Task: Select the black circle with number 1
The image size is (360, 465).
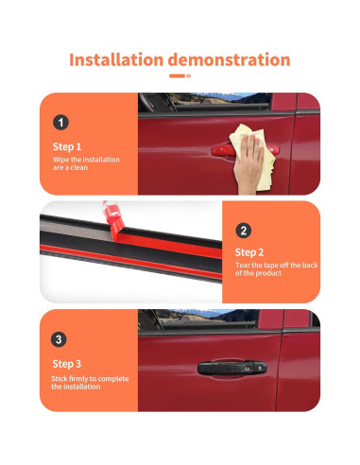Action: point(60,122)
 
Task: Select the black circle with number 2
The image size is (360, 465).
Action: point(244,231)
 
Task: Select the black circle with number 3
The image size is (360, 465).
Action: point(60,338)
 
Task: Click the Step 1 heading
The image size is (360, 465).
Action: point(67,146)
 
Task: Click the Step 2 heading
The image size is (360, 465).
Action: point(250,253)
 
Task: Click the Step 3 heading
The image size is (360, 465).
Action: point(67,363)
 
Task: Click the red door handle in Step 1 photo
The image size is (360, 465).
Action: point(236,150)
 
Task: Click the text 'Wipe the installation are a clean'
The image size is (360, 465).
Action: point(86,164)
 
